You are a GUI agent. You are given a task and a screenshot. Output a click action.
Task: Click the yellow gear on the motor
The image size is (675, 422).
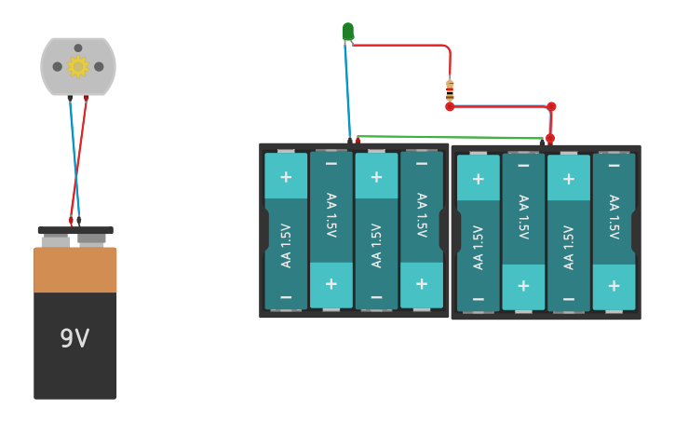coord(77,66)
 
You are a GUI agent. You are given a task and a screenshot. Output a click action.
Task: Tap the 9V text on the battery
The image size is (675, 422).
coord(74,338)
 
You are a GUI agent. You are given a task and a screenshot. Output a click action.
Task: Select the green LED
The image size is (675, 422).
coord(347,32)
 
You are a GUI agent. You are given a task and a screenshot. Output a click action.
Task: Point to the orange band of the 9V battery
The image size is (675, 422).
coord(75,270)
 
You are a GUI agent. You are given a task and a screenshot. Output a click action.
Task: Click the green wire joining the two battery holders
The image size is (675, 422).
coord(447,137)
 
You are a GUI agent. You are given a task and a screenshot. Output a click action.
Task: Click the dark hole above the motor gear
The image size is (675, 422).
coord(78,48)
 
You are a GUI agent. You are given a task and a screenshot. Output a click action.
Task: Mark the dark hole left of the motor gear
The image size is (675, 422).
coord(58,66)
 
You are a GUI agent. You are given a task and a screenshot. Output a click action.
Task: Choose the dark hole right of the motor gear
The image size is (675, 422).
coord(99,66)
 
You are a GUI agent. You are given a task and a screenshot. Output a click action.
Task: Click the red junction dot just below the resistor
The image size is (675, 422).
coord(450,107)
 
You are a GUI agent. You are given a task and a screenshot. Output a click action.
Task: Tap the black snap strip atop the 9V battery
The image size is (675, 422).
coord(75,230)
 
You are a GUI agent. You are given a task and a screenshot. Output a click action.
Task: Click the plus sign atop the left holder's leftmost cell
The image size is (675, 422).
coord(286,177)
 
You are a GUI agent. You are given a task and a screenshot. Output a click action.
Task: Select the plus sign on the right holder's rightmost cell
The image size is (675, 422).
coord(614,285)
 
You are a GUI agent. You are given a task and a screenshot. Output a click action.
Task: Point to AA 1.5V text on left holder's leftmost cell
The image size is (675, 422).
coord(286,245)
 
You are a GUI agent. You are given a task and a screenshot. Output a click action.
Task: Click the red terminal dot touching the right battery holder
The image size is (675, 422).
coord(549,139)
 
